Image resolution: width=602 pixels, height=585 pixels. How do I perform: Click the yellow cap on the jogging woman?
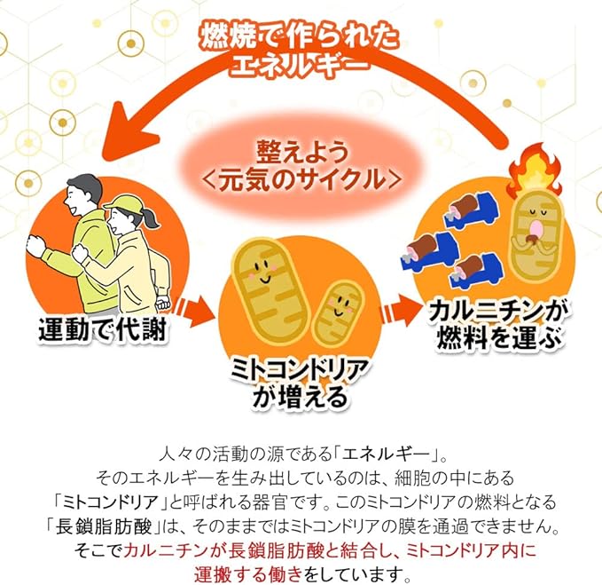(123, 204)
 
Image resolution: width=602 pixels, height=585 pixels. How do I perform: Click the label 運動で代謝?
(103, 329)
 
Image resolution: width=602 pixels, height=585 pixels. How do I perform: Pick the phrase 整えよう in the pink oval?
(301, 152)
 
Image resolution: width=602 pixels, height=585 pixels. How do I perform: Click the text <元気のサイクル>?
(301, 179)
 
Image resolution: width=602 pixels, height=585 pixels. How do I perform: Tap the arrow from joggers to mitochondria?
(193, 310)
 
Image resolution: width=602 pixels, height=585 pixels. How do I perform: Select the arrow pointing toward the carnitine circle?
(400, 311)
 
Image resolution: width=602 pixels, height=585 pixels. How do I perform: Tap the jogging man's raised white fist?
(35, 246)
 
